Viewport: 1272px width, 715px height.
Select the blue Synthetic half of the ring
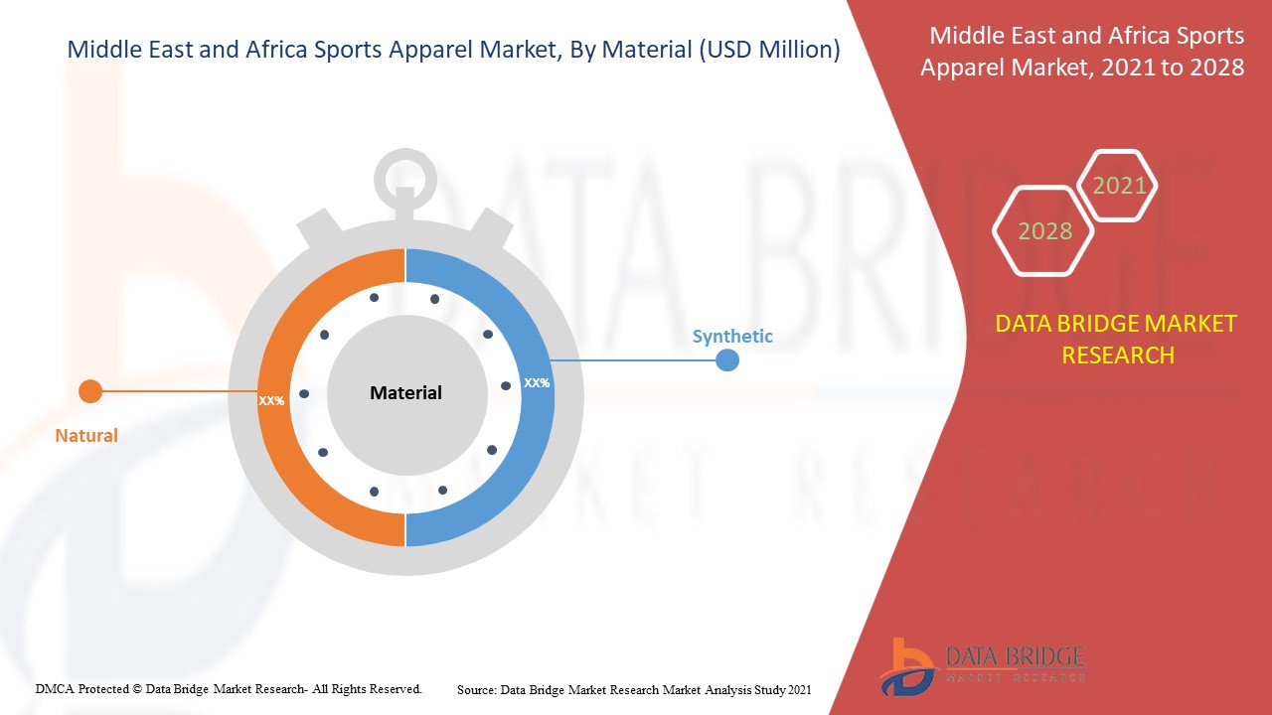coord(517,467)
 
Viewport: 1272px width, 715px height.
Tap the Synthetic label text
coord(732,337)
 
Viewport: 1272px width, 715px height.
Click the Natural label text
coord(86,435)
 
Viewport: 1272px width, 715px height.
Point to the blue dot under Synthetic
coord(727,359)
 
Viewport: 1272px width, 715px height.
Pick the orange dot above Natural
coord(90,391)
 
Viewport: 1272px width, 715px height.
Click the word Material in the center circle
coord(405,393)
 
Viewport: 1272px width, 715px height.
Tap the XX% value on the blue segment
coord(537,382)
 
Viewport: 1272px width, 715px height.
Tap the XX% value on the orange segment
coord(271,401)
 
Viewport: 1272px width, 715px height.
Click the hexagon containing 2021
coord(1119,186)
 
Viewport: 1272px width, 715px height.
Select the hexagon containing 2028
coord(1044,231)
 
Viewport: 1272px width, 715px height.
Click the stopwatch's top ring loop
coord(405,179)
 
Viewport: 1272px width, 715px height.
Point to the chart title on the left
coord(453,50)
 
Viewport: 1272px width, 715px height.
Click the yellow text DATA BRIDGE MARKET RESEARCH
coord(1117,339)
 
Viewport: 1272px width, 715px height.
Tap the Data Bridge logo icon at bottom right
coord(907,666)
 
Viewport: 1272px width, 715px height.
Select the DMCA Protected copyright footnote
coord(229,688)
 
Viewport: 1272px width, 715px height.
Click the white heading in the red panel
coord(1082,52)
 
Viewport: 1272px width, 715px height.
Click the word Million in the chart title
coord(791,50)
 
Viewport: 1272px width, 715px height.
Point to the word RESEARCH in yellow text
coord(1118,355)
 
